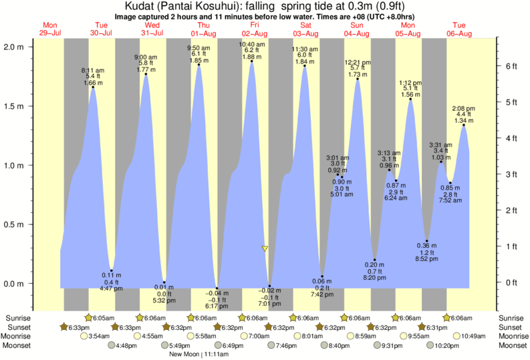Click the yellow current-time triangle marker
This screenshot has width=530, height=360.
[265, 248]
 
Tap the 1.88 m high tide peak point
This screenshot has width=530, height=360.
[252, 61]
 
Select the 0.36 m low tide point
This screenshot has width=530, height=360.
[427, 241]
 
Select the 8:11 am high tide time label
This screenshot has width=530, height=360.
[93, 70]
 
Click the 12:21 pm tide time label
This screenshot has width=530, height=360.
[358, 62]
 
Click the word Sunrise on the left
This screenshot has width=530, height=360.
[17, 317]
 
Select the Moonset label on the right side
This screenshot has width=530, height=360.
[513, 345]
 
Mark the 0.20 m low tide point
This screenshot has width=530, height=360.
[375, 260]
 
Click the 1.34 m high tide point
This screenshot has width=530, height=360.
[464, 125]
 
